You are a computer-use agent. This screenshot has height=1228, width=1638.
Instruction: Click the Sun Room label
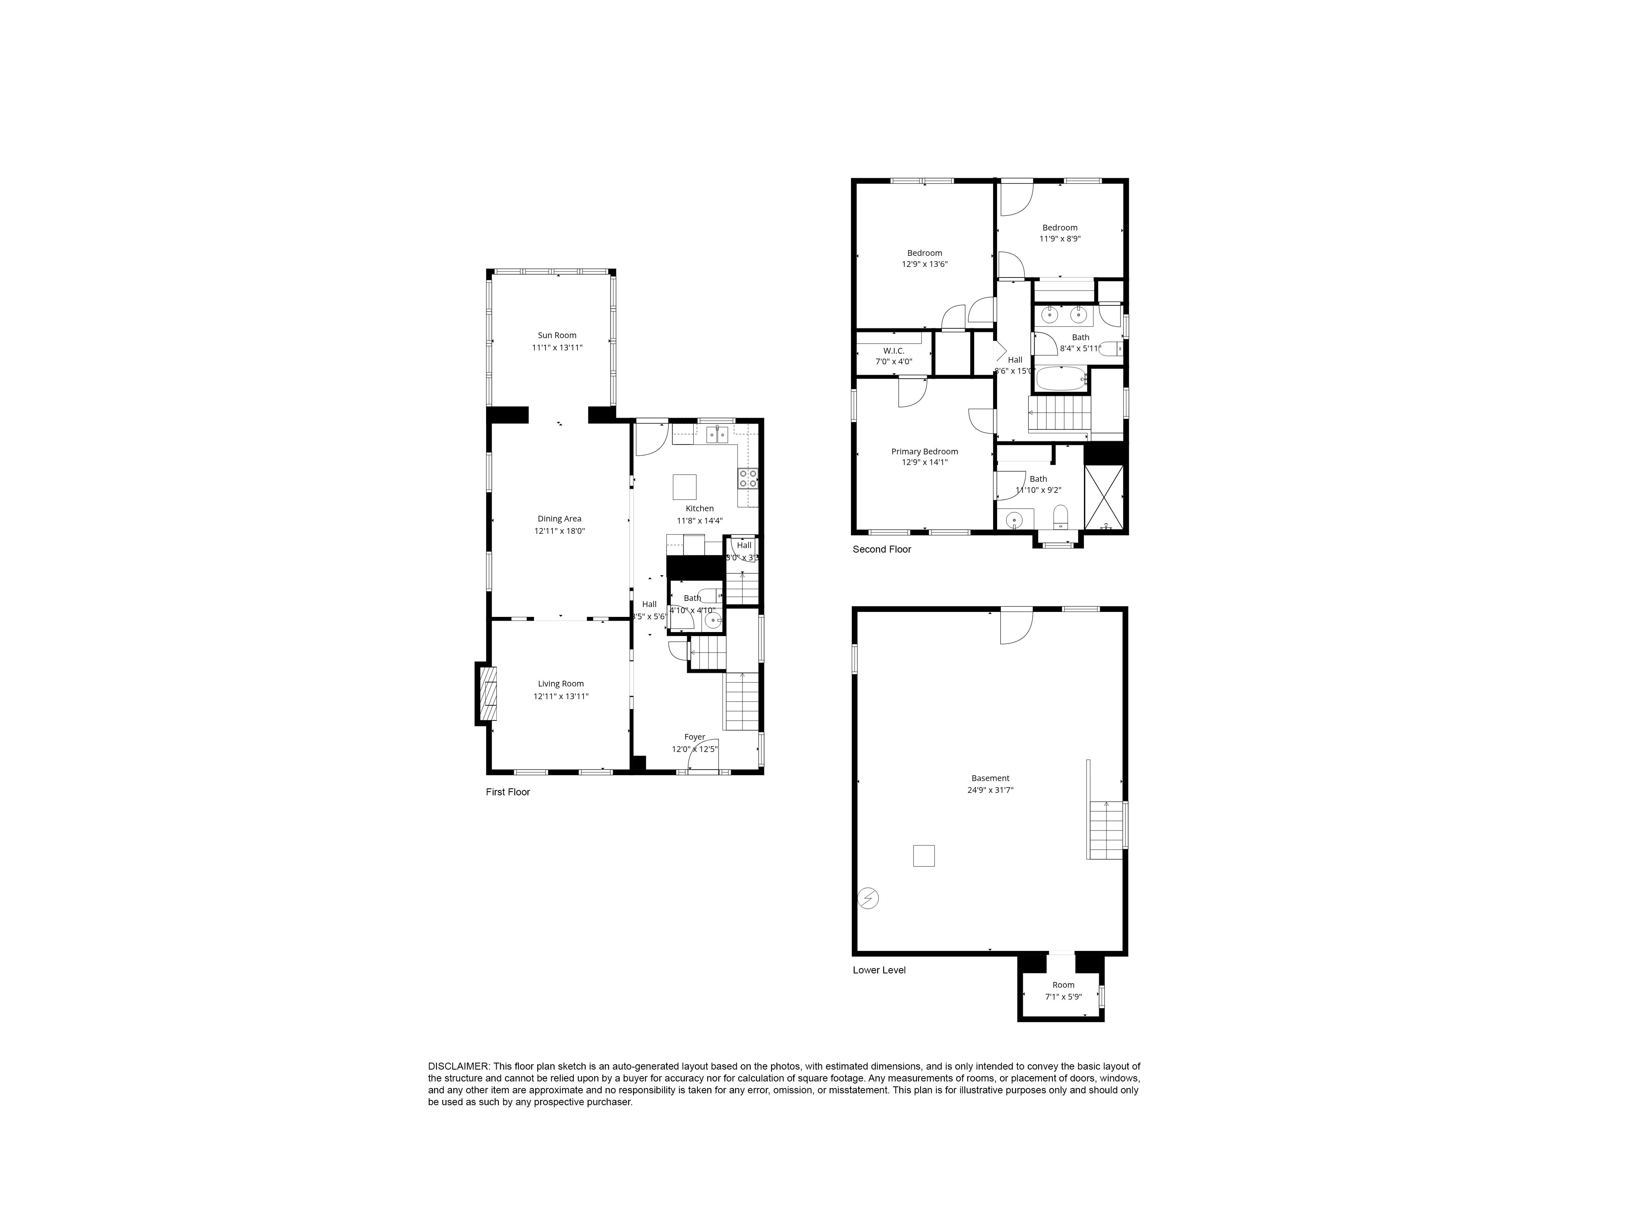point(557,335)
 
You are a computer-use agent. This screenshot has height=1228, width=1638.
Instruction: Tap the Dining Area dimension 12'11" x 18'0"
point(560,531)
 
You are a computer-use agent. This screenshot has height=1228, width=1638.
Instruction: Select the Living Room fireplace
point(487,693)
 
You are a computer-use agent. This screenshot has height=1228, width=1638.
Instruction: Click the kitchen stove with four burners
point(748,477)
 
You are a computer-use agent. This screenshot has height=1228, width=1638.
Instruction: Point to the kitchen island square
point(684,487)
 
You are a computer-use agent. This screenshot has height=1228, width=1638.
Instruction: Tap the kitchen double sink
point(717,434)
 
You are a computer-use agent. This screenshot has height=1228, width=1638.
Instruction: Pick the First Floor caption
point(508,792)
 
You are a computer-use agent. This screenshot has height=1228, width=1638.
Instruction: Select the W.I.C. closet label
point(894,351)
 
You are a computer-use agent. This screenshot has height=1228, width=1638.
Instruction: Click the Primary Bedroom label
point(924,451)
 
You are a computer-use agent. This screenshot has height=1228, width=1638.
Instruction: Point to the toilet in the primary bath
point(1061,515)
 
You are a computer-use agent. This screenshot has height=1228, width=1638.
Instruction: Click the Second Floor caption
point(882,549)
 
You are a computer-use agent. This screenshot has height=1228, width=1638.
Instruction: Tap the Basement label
point(990,778)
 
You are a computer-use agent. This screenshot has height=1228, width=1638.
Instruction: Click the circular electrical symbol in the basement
point(868,898)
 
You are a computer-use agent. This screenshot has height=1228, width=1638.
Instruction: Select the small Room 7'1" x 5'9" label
point(1063,985)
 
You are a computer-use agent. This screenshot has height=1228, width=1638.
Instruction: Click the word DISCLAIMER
point(458,1067)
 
